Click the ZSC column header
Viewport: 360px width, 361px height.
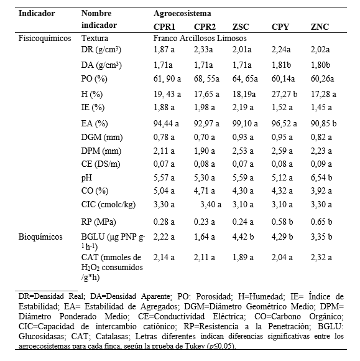pyautogui.click(x=241, y=27)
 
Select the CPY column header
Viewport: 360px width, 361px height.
pyautogui.click(x=280, y=27)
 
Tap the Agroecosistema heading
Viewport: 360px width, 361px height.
pyautogui.click(x=182, y=13)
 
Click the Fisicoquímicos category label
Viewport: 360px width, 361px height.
pyautogui.click(x=45, y=38)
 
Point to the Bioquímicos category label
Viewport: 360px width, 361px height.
pyautogui.click(x=40, y=237)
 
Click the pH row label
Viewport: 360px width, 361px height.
pyautogui.click(x=86, y=178)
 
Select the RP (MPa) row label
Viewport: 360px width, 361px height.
pyautogui.click(x=98, y=222)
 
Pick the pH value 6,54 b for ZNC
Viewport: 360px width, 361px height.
pyautogui.click(x=321, y=177)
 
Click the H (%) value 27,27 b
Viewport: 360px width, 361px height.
pyautogui.click(x=284, y=94)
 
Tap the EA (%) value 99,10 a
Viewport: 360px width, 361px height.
pyautogui.click(x=245, y=124)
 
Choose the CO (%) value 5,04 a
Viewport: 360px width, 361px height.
pyautogui.click(x=164, y=190)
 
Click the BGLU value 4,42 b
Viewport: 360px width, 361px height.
pyautogui.click(x=243, y=237)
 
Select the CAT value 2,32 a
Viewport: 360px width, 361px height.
pyautogui.click(x=321, y=257)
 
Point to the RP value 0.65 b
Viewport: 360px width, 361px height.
pyautogui.click(x=321, y=222)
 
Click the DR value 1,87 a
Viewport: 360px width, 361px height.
pyautogui.click(x=164, y=50)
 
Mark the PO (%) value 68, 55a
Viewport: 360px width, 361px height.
pyautogui.click(x=206, y=79)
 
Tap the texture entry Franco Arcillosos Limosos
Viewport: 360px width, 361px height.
pyautogui.click(x=200, y=38)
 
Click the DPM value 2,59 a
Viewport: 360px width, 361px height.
pyautogui.click(x=282, y=151)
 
